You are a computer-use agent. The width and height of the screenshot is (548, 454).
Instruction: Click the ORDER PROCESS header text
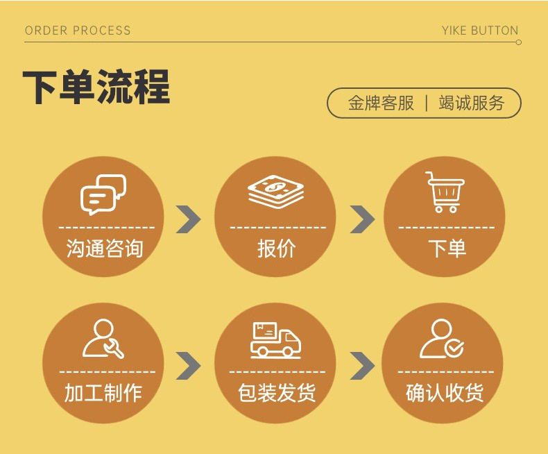pyautogui.click(x=78, y=31)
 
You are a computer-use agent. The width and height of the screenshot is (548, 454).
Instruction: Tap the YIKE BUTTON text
pyautogui.click(x=480, y=31)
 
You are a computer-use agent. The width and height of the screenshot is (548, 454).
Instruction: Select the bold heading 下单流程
pyautogui.click(x=96, y=87)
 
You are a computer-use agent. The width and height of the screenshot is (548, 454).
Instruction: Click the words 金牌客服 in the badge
pyautogui.click(x=381, y=103)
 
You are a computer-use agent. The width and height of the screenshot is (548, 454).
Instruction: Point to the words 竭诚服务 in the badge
pyautogui.click(x=472, y=103)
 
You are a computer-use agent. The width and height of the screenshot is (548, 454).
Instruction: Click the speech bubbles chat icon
pyautogui.click(x=103, y=194)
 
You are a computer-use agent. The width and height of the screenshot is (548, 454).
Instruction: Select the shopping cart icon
pyautogui.click(x=445, y=192)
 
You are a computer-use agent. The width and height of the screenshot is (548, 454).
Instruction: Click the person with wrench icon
pyautogui.click(x=103, y=339)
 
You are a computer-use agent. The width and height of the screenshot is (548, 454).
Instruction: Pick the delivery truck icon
pyautogui.click(x=275, y=339)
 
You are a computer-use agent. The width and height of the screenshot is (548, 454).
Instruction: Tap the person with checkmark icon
pyautogui.click(x=442, y=339)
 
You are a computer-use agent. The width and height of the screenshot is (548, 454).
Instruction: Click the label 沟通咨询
pyautogui.click(x=105, y=249)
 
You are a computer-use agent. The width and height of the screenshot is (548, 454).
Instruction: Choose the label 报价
pyautogui.click(x=276, y=249)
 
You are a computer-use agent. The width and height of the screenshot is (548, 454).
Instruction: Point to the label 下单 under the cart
pyautogui.click(x=447, y=249)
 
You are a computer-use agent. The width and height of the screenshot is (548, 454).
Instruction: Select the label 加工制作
pyautogui.click(x=103, y=393)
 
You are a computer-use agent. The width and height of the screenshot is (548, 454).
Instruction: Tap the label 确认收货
pyautogui.click(x=445, y=393)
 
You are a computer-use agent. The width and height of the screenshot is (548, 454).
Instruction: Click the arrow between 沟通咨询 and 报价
pyautogui.click(x=188, y=219)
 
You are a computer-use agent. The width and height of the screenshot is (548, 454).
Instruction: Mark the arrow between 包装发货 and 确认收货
pyautogui.click(x=362, y=366)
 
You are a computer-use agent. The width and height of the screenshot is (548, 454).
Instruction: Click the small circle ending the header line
pyautogui.click(x=518, y=42)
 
